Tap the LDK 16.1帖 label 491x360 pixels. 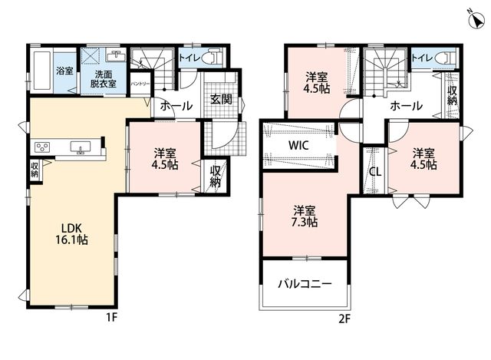(71, 234)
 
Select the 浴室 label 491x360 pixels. (64, 71)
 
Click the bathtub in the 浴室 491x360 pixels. (42, 71)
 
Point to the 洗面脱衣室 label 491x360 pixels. (104, 79)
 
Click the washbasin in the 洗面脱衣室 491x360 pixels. (116, 56)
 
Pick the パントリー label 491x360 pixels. (140, 84)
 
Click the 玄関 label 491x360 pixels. (221, 99)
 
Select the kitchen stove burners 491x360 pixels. (42, 147)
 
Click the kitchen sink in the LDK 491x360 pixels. (81, 147)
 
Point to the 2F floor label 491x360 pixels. (344, 319)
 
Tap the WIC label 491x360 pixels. (298, 145)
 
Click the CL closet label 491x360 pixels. (375, 171)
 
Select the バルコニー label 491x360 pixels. (305, 284)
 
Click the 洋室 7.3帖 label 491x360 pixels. (305, 216)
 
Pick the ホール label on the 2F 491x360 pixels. (406, 106)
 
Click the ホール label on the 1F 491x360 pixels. (176, 106)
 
